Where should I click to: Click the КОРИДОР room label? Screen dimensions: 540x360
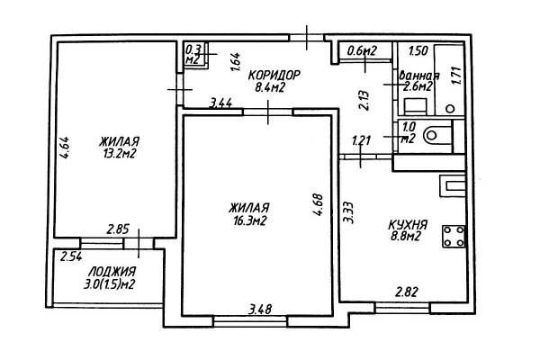click(x=274, y=75)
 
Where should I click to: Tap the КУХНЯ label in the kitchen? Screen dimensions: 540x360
click(x=408, y=225)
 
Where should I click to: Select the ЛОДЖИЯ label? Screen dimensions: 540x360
click(x=112, y=272)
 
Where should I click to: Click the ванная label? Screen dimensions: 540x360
click(x=419, y=76)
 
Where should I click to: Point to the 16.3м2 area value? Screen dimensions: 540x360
click(x=248, y=220)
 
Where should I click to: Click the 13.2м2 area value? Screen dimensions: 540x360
click(x=119, y=153)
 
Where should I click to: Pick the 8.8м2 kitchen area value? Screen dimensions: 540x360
click(x=405, y=237)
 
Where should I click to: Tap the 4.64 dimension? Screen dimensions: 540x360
click(x=65, y=148)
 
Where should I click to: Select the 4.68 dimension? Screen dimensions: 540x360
click(x=319, y=205)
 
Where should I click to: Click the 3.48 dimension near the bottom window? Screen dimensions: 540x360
click(x=260, y=309)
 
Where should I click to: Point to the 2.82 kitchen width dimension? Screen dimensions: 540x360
click(x=407, y=292)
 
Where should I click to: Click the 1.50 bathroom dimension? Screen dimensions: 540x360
click(x=418, y=51)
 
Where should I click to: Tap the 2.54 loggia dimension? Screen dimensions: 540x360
click(x=71, y=256)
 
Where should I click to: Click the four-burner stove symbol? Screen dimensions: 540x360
click(x=454, y=237)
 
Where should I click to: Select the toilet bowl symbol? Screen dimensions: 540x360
click(x=437, y=136)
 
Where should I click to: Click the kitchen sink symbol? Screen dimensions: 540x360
click(x=453, y=186)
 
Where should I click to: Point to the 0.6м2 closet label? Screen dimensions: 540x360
click(x=363, y=51)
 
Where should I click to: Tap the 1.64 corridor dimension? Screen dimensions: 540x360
click(x=236, y=62)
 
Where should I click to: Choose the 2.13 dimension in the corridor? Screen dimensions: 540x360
click(x=364, y=100)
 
